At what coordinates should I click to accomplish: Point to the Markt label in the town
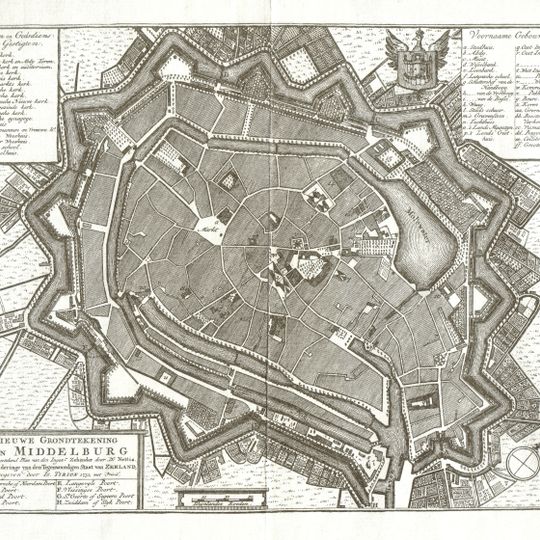(211, 226)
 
